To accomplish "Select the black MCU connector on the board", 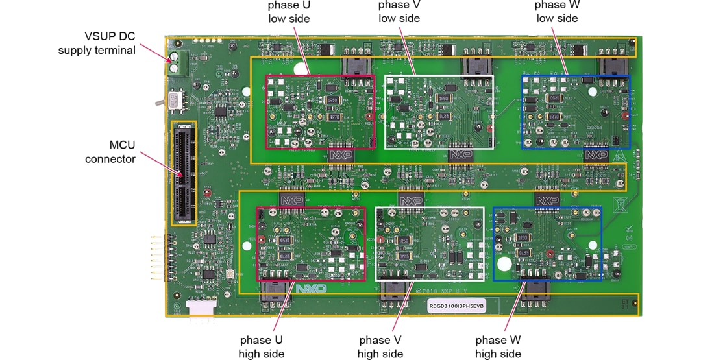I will coord(184,173).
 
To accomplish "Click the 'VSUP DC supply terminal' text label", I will coord(97,43).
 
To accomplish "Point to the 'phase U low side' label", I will coord(289,12).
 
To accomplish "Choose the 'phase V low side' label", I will coord(399,12).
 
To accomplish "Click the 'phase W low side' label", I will coord(557,12).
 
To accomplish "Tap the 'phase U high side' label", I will coord(262,346).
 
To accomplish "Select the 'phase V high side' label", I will coord(380,346).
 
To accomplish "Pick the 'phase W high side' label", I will coord(498,346).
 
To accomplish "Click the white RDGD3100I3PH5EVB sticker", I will coord(456,304).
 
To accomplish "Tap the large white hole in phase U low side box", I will coord(299,69).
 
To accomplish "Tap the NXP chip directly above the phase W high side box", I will coord(547,200).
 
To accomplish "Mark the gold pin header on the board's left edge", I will coord(157,258).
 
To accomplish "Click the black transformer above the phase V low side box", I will coord(474,66).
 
